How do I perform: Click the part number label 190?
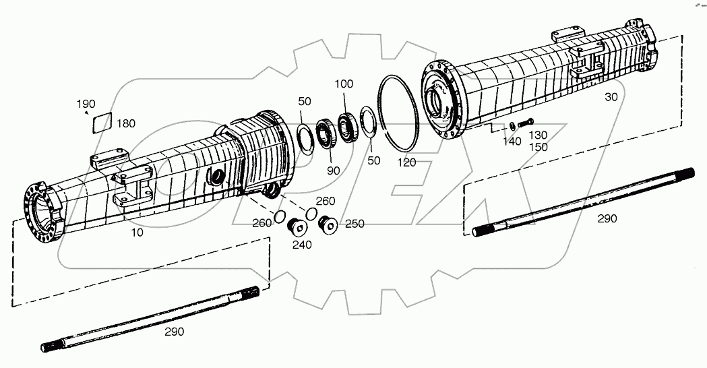86,104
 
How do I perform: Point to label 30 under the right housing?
611,97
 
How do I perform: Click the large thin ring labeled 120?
401,115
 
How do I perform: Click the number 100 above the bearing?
344,84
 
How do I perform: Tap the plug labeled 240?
295,227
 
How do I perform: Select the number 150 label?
538,146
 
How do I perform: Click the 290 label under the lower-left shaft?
175,332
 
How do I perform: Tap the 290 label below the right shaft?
607,218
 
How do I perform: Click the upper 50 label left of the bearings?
305,101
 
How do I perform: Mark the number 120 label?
406,163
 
